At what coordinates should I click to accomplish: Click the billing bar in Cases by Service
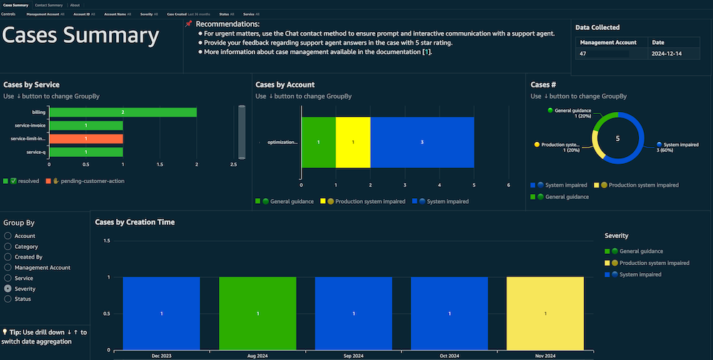click(123, 113)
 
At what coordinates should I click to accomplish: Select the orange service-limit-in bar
click(86, 139)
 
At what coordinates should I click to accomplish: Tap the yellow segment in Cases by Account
click(353, 143)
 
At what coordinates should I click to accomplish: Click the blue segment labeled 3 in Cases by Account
click(422, 143)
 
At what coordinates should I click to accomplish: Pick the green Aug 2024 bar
click(257, 314)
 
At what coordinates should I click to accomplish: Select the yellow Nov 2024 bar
click(545, 314)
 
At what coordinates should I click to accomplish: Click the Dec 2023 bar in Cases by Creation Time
click(161, 314)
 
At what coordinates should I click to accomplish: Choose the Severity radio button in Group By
click(8, 289)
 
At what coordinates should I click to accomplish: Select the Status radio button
click(8, 299)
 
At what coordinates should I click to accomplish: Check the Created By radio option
click(8, 257)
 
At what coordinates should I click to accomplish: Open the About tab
click(75, 5)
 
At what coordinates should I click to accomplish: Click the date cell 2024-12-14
click(667, 53)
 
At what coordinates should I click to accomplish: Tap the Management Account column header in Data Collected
click(607, 43)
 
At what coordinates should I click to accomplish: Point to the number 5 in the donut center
click(618, 138)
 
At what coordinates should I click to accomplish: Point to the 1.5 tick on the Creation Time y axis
click(106, 241)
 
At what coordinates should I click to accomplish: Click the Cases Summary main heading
click(81, 36)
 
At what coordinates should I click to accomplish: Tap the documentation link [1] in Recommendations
click(426, 52)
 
